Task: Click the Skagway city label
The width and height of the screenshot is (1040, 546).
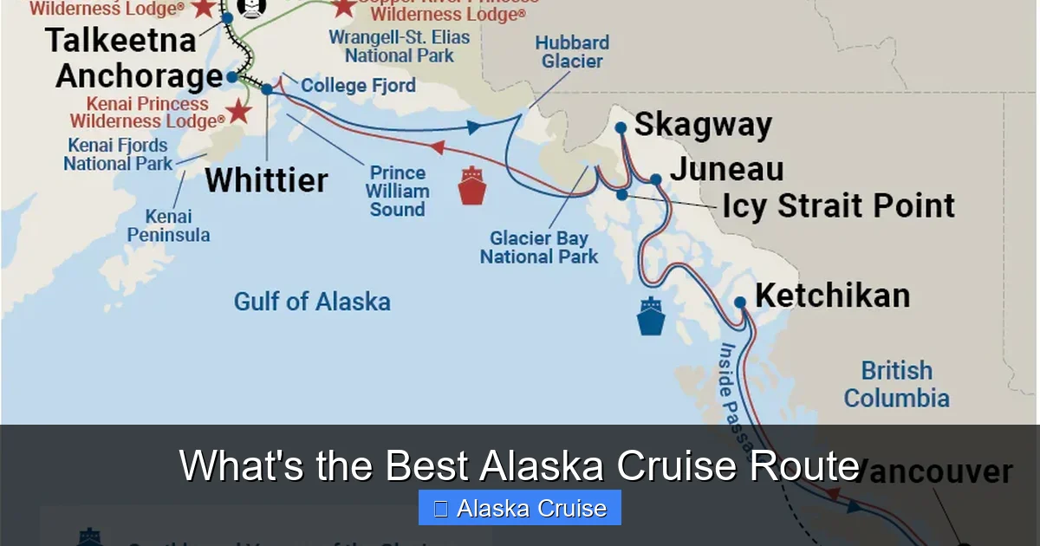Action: [703, 126]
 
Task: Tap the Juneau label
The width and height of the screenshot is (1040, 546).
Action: [726, 169]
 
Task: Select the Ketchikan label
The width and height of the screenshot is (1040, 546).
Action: [832, 296]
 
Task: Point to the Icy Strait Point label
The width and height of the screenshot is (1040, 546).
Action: [838, 206]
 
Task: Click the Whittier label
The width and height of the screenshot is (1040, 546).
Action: [266, 180]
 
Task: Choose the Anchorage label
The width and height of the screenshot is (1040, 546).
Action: [140, 76]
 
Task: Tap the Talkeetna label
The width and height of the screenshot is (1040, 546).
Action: [120, 40]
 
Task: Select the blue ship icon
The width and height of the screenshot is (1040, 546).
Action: [651, 316]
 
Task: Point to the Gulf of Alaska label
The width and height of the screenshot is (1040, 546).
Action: [312, 302]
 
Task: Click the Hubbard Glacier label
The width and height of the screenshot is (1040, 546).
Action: [572, 52]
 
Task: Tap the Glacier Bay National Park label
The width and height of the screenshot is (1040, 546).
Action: [539, 247]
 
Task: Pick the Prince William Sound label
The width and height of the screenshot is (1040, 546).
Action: [398, 192]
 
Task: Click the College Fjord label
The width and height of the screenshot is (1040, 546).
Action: [358, 86]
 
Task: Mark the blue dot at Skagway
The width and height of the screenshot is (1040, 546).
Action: [621, 128]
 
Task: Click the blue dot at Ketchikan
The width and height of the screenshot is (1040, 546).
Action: [740, 302]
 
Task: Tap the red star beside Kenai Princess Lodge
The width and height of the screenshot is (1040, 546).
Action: [238, 112]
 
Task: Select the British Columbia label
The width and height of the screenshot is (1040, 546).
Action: [896, 384]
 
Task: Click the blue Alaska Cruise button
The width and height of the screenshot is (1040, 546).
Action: [520, 508]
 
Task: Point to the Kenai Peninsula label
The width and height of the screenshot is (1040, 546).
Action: [168, 225]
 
